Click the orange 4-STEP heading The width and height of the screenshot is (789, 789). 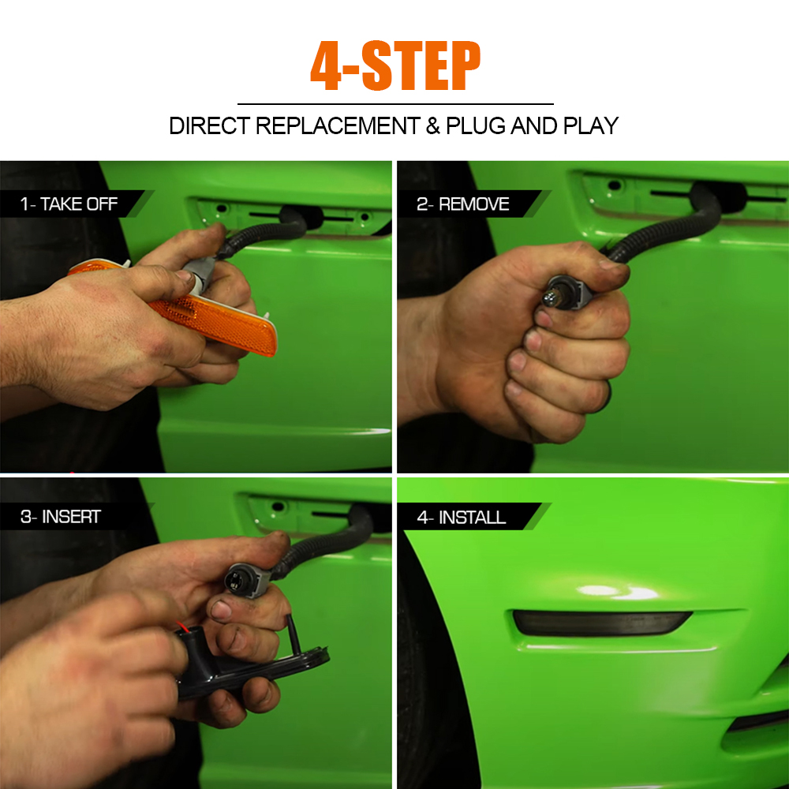[395, 65]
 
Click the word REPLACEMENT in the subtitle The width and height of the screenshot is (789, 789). [338, 125]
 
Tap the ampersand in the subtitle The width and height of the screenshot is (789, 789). [432, 125]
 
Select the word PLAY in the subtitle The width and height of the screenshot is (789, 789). [591, 125]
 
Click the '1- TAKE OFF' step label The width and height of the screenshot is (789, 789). [69, 204]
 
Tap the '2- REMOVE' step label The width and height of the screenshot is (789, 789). [463, 204]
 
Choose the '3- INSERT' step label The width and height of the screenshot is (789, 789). [61, 516]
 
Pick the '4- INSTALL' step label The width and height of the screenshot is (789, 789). [462, 517]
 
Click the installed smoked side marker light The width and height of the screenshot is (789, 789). [602, 623]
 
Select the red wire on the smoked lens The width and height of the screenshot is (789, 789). [182, 627]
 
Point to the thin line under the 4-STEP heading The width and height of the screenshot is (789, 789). [395, 104]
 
